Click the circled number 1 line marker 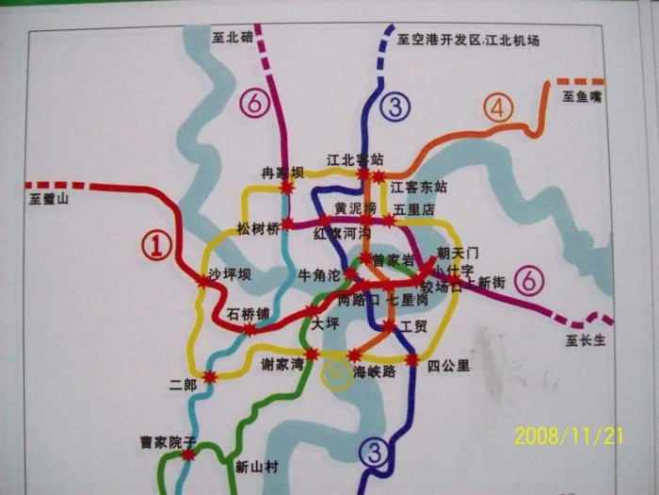point(158,246)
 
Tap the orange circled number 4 point(498,107)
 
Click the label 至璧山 point(50,199)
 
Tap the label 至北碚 point(233,38)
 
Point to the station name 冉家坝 point(283,173)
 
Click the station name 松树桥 point(259,228)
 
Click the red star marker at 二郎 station point(211,377)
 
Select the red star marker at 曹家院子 point(189,454)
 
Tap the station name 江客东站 point(418,187)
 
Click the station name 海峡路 point(374,372)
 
